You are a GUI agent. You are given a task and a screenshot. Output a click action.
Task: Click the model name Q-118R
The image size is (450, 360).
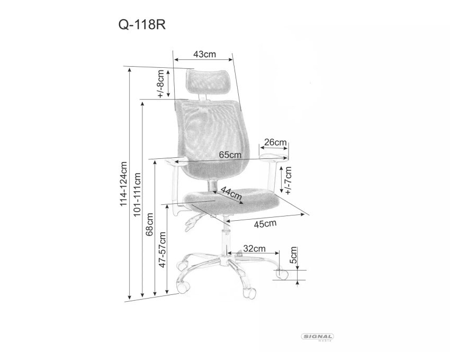(142, 25)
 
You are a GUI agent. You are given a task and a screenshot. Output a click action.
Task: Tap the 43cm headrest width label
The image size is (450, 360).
(204, 54)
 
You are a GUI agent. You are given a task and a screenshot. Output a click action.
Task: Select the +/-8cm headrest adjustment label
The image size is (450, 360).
(161, 84)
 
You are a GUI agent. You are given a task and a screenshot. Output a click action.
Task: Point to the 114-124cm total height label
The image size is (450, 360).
(123, 184)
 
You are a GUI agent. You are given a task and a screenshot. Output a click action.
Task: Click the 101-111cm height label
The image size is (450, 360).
(138, 194)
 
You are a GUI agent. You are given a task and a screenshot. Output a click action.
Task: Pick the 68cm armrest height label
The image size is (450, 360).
(149, 224)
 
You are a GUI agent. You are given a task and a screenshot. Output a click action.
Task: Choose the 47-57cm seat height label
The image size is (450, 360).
(163, 249)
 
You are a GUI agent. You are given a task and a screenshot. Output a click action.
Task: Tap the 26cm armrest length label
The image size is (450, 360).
(275, 142)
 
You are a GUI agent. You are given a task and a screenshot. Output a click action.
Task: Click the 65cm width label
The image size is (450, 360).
(230, 155)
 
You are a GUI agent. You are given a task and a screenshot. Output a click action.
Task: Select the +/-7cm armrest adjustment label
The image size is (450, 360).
(288, 180)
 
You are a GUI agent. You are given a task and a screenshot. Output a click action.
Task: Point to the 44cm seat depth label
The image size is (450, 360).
(231, 193)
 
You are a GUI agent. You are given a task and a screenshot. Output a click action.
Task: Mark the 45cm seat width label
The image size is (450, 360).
(265, 223)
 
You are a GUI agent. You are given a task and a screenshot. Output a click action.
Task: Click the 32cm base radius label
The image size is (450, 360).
(254, 248)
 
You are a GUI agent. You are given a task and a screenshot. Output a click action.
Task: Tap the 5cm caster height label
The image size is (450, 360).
(294, 255)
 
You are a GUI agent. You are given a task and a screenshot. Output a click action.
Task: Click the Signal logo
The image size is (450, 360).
(318, 337)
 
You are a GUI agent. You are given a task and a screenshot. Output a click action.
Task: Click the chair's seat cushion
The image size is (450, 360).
(231, 201)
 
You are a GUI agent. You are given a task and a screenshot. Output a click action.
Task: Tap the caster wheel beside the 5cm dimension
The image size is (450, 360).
(282, 274)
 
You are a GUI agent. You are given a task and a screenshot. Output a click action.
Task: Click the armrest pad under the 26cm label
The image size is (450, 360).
(273, 157)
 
